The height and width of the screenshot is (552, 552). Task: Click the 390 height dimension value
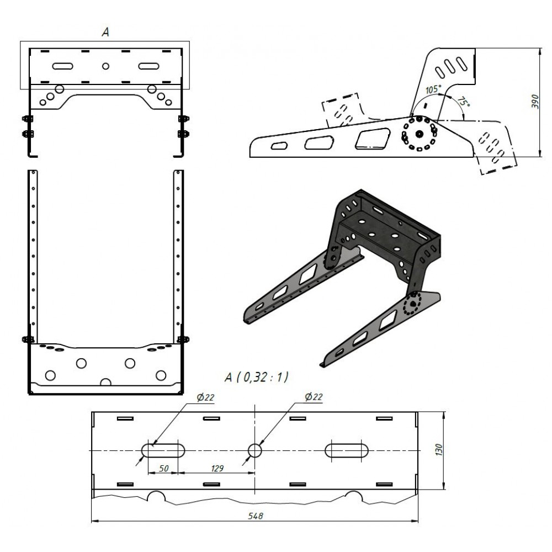pyautogui.click(x=535, y=102)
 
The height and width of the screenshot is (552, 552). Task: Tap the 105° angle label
pyautogui.click(x=433, y=89)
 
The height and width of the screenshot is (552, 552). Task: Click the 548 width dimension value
pyautogui.click(x=256, y=516)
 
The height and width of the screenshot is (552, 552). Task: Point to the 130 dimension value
pyautogui.click(x=439, y=450)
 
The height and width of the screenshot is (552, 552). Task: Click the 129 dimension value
pyautogui.click(x=217, y=468)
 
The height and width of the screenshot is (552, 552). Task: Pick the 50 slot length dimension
pyautogui.click(x=164, y=468)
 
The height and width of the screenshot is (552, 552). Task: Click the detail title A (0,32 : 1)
pyautogui.click(x=257, y=377)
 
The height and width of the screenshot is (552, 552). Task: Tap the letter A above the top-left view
pyautogui.click(x=105, y=33)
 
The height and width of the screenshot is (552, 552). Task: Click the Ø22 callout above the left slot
pyautogui.click(x=205, y=397)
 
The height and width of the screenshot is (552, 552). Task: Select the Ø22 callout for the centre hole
pyautogui.click(x=314, y=397)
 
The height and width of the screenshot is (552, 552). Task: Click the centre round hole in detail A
pyautogui.click(x=255, y=450)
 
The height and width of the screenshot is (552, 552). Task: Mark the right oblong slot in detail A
pyautogui.click(x=347, y=450)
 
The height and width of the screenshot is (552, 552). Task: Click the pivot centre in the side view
pyautogui.click(x=419, y=134)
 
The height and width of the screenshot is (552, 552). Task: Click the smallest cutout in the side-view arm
pyautogui.click(x=279, y=145)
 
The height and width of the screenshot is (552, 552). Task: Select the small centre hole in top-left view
pyautogui.click(x=105, y=66)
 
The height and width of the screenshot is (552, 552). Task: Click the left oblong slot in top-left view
pyautogui.click(x=63, y=66)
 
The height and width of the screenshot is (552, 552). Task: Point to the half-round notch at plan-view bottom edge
pyautogui.click(x=105, y=382)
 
